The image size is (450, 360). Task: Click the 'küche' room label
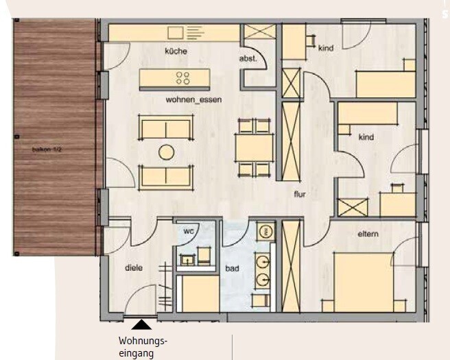tap(176, 51)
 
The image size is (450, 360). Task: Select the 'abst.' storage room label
tap(248, 59)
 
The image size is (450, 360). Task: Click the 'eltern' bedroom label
tap(368, 235)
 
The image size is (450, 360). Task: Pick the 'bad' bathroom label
tap(232, 269)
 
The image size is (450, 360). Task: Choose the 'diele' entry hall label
tap(133, 268)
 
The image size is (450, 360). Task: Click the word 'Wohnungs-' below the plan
tap(143, 341)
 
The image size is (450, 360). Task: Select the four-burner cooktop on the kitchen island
tap(183, 77)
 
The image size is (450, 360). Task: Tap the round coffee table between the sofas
tap(166, 152)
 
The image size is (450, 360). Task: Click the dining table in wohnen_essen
tap(253, 147)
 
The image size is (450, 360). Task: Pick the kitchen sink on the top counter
tap(175, 32)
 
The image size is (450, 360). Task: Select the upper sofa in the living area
tap(165, 128)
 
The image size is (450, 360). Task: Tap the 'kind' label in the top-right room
tap(325, 48)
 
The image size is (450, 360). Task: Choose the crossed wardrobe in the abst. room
tap(260, 32)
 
